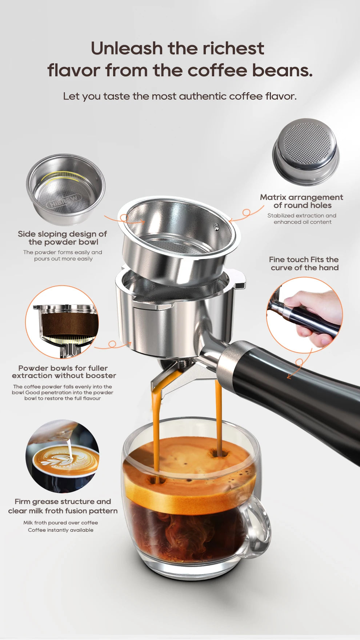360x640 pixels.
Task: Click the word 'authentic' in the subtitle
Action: tap(203, 96)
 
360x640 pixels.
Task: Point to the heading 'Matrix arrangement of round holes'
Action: tap(301, 201)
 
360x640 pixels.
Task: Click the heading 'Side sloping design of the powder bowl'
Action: tap(63, 238)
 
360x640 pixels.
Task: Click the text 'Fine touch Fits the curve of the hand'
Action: tap(304, 263)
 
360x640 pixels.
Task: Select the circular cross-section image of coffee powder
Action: tap(62, 322)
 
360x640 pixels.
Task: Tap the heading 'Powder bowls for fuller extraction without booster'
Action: tap(64, 372)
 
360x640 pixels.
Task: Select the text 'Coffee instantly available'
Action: tap(61, 530)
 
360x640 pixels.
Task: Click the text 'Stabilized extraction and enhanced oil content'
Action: tap(302, 219)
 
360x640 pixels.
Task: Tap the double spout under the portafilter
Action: tap(175, 378)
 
